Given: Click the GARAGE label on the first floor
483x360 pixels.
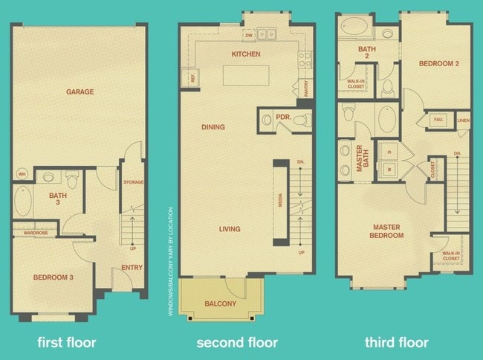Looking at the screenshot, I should coord(80,92).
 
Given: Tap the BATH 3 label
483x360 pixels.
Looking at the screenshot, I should coord(58,199).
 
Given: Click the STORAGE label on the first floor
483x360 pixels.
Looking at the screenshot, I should coord(134,182).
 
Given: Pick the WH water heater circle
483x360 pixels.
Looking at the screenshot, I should coord(21,176).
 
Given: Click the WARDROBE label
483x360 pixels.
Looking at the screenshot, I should coord(36,233).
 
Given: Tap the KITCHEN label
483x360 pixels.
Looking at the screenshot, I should coord(245,54).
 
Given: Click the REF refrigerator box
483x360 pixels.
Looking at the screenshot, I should coord(192,77).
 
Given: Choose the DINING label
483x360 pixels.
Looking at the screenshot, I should coord(213,127).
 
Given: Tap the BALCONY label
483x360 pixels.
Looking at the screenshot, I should coord(220,303).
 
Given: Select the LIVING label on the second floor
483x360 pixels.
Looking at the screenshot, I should coord(230,229).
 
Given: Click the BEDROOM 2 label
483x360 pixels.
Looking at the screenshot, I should coord(438,64).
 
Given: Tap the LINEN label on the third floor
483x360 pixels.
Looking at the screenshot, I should coord(463,120).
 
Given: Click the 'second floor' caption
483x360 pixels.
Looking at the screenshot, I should coord(236,343).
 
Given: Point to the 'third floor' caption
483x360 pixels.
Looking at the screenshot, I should coord(397,343).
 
